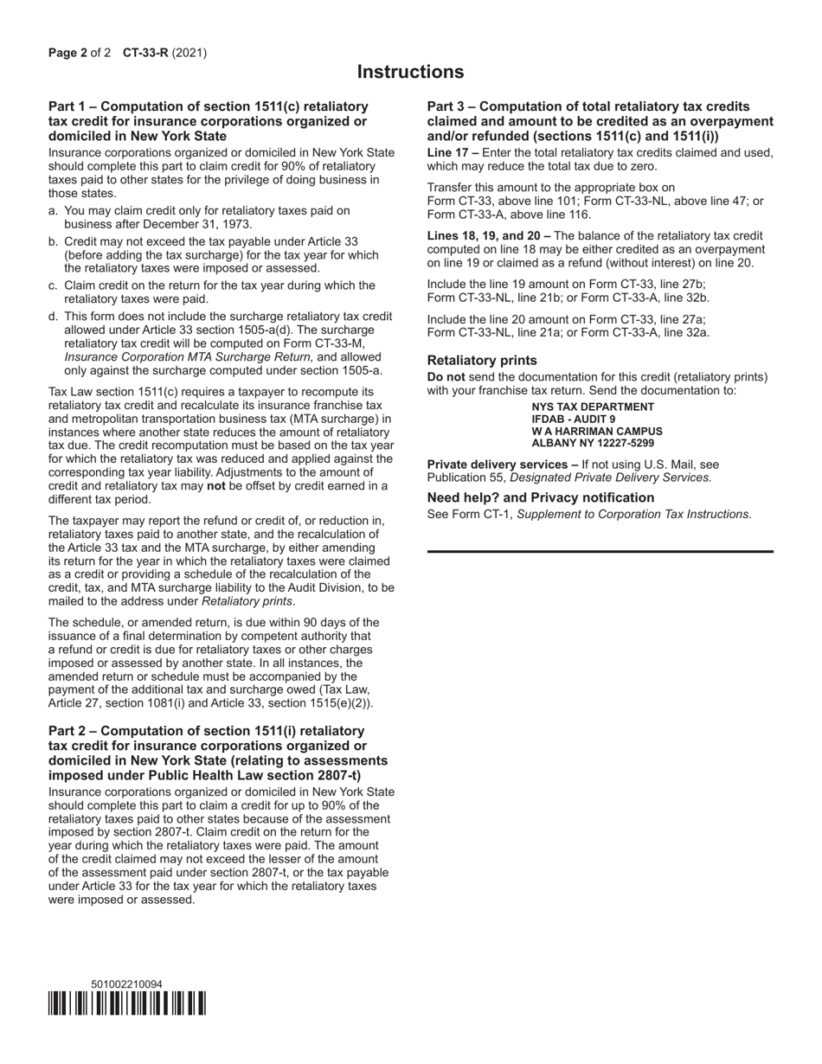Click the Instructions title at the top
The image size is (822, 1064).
(x=410, y=72)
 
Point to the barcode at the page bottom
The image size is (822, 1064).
(x=127, y=1003)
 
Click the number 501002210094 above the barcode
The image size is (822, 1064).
(x=126, y=984)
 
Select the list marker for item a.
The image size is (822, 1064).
(x=54, y=210)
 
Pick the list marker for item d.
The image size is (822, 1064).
(x=54, y=317)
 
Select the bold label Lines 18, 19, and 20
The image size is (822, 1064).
(x=485, y=235)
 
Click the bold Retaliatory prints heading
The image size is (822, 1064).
(x=482, y=360)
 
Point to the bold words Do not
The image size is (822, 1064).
(x=446, y=377)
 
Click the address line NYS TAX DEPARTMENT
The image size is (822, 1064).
(x=593, y=407)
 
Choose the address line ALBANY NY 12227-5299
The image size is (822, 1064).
(x=593, y=443)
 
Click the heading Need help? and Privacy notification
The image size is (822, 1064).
(x=541, y=497)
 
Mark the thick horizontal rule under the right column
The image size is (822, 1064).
(x=600, y=551)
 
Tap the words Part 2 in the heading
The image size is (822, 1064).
(x=69, y=731)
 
